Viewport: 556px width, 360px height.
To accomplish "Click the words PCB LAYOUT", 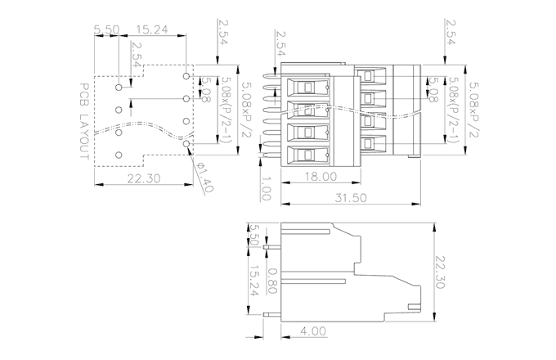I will click(x=85, y=123).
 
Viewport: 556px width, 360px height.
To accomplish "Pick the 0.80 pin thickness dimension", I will click(x=272, y=287).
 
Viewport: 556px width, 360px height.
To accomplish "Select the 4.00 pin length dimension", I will click(x=313, y=331).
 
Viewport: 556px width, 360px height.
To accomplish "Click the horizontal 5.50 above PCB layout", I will click(x=107, y=29).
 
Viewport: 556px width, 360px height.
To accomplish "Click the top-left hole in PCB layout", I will click(x=119, y=85).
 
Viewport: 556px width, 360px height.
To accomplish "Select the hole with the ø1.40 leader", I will click(x=187, y=144).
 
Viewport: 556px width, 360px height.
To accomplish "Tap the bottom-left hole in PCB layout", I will click(x=119, y=154).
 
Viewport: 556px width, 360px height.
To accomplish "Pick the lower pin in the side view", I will click(x=272, y=315).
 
